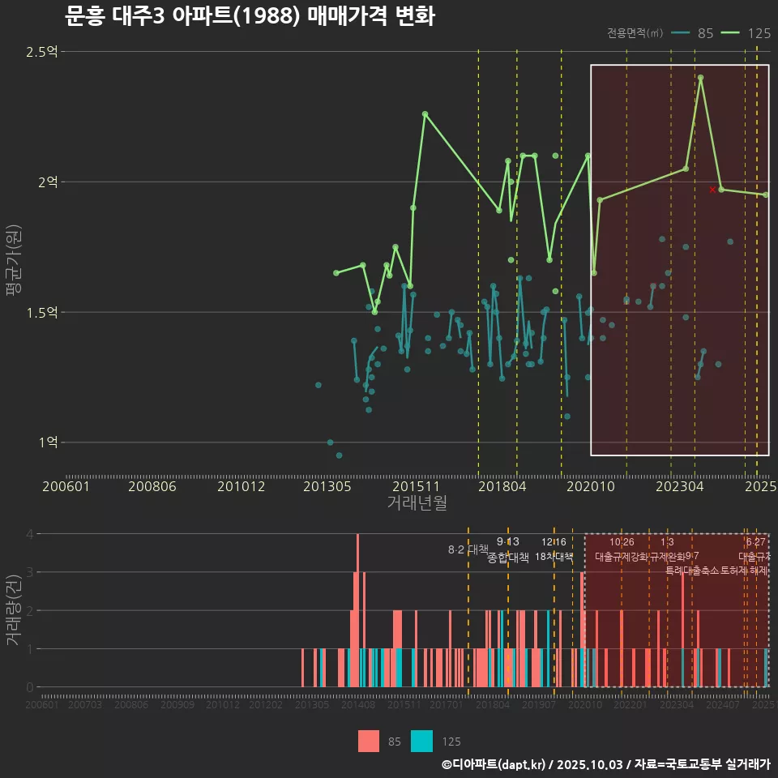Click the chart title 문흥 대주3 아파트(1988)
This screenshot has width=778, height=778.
(x=249, y=16)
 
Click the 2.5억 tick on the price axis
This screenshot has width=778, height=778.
(x=42, y=52)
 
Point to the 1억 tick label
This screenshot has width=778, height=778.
(x=47, y=442)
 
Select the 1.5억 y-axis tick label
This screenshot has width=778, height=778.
(x=42, y=313)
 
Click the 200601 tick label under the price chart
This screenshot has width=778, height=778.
(x=66, y=486)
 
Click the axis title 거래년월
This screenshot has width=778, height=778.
(x=417, y=503)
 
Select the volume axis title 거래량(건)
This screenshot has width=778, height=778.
(x=13, y=610)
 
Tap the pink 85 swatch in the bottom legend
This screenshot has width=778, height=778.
(x=369, y=741)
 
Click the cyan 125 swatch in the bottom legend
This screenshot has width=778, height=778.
(x=422, y=741)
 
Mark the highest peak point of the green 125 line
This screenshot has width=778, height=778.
(x=700, y=78)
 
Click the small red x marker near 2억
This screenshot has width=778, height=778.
(x=712, y=190)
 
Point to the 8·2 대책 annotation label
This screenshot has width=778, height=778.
(x=468, y=549)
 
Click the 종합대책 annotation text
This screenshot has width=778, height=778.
(x=508, y=558)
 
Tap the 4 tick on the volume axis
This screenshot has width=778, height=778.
(x=30, y=534)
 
